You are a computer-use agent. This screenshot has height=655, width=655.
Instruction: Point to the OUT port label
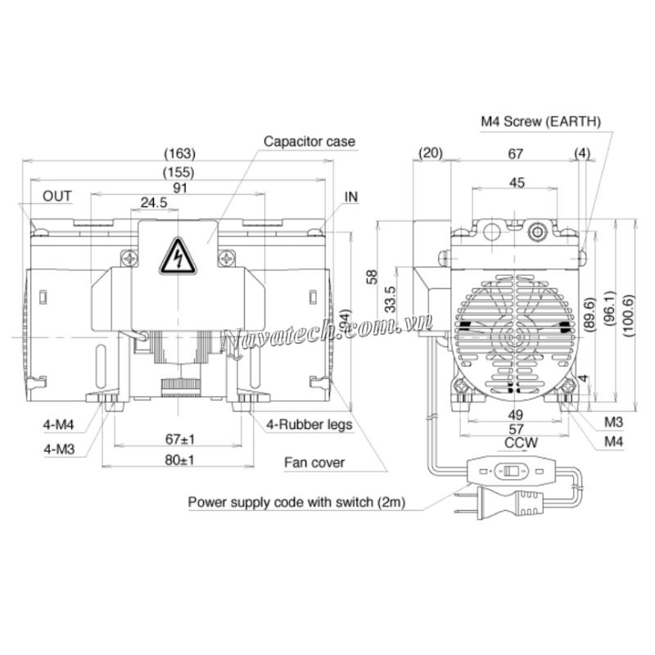[57, 196]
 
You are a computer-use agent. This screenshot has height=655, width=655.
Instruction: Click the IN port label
[351, 196]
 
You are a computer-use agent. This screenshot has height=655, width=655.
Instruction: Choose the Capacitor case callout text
[309, 142]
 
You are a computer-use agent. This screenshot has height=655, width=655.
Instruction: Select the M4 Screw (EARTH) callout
[540, 121]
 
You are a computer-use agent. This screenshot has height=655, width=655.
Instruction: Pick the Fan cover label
[314, 463]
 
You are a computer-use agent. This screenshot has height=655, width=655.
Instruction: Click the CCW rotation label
[516, 444]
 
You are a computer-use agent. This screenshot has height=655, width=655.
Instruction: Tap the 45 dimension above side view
[517, 183]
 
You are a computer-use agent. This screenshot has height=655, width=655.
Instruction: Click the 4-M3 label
[58, 448]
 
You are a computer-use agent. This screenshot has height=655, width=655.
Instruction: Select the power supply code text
[297, 500]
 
